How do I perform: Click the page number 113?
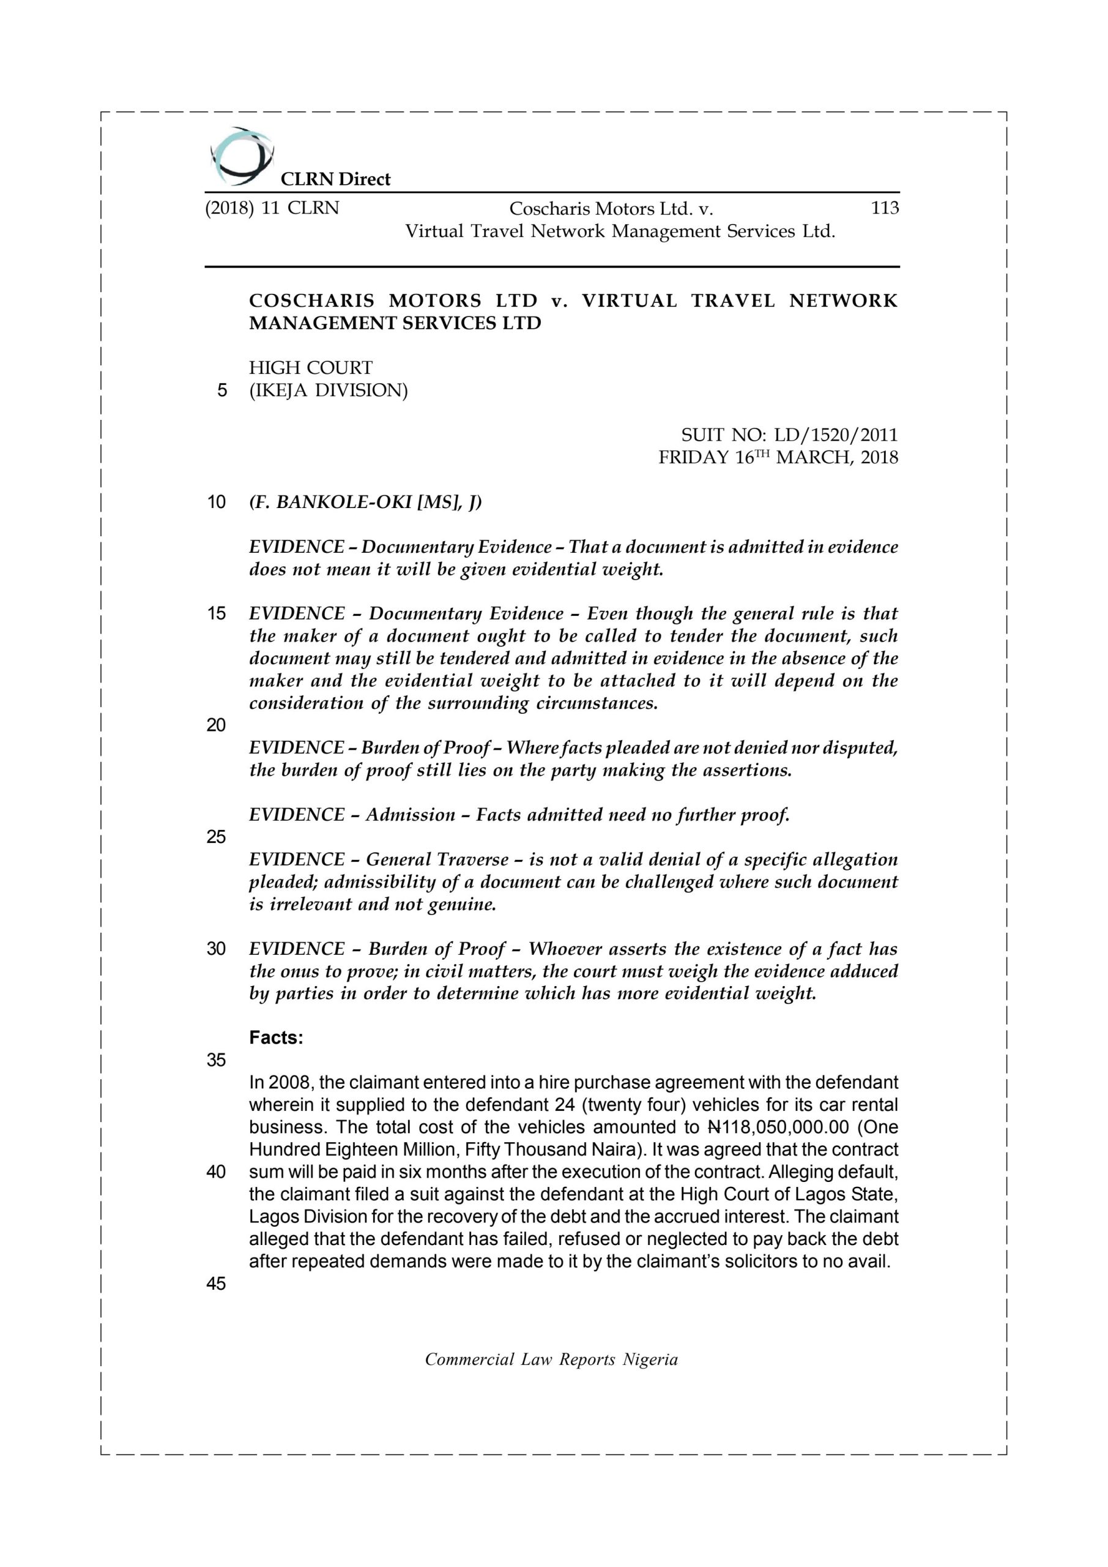pos(884,208)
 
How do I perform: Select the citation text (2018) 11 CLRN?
pos(272,208)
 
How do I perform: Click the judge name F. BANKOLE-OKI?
pos(343,503)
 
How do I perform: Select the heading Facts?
pos(276,1038)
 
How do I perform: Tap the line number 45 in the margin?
pos(215,1284)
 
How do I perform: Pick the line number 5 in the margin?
pos(221,391)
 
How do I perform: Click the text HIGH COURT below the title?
pos(310,368)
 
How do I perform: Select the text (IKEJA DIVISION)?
pos(328,391)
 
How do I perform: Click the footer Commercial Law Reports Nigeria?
pos(551,1359)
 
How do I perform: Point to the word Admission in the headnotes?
pos(410,815)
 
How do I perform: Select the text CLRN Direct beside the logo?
pos(335,179)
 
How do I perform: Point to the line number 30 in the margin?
pos(215,949)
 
